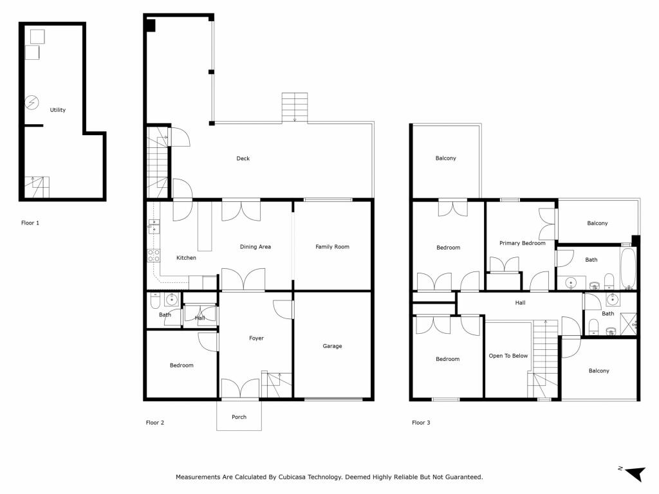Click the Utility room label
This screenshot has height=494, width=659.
(57, 109)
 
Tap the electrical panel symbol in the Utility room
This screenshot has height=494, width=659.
(32, 102)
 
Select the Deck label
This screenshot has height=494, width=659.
(243, 158)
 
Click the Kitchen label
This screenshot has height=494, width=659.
(186, 257)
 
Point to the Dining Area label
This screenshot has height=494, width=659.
(255, 246)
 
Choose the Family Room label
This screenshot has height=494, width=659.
(333, 246)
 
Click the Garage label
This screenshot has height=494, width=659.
(333, 345)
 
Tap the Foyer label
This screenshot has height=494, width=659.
(256, 338)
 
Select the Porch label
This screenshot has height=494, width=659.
(239, 417)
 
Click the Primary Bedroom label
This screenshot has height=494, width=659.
(523, 242)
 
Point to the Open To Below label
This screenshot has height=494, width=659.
(508, 356)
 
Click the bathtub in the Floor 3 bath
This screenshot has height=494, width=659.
(629, 269)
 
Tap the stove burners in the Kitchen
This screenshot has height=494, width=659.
(154, 255)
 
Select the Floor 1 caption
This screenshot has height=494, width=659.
(30, 223)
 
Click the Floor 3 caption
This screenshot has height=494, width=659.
(421, 423)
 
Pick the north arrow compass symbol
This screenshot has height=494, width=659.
(633, 473)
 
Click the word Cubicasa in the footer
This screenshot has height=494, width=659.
(292, 477)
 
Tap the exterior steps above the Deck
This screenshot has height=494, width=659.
(295, 107)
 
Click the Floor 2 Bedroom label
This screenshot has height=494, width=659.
(181, 365)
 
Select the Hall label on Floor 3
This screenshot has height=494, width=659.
(520, 302)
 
